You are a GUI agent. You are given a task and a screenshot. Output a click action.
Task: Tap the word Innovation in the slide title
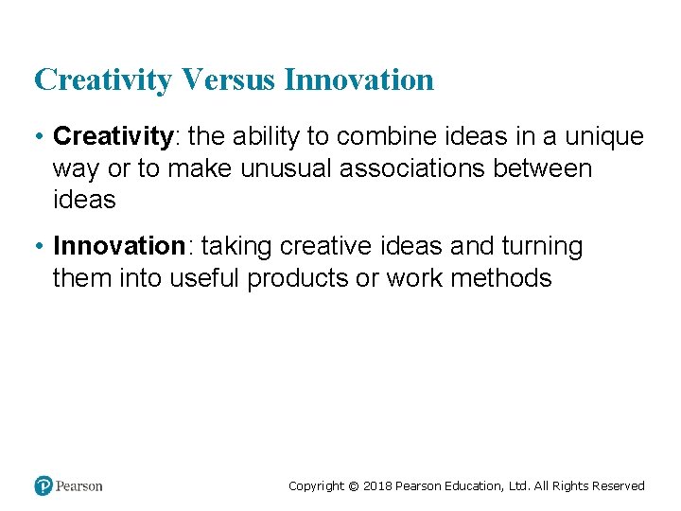coord(358,79)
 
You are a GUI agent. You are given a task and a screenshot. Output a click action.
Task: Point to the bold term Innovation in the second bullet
coord(119,247)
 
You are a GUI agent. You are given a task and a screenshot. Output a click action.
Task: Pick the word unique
coord(603,137)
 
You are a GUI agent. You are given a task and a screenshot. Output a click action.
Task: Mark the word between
coord(554,169)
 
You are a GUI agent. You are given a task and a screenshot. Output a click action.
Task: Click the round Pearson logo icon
coord(44,485)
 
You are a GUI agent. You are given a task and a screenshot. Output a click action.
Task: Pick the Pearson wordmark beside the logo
coord(79,486)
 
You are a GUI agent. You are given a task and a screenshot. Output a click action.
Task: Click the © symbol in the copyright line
coord(353,486)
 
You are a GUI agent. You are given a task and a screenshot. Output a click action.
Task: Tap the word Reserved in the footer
coord(619,486)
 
